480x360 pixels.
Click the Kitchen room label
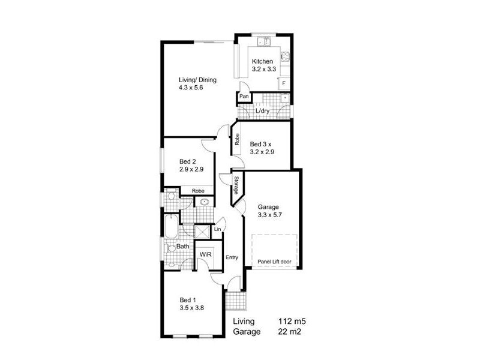click(263, 61)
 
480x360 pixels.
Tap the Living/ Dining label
click(197, 80)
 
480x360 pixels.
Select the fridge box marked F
click(284, 83)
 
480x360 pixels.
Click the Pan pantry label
click(244, 97)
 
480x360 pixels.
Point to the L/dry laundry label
click(262, 112)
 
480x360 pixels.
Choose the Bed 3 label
click(261, 144)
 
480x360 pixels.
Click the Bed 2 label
click(188, 161)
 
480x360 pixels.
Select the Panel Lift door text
click(275, 262)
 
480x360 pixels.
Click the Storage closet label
click(237, 185)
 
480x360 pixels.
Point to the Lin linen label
click(217, 230)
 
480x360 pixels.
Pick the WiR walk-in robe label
click(205, 255)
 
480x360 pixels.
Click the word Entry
click(232, 257)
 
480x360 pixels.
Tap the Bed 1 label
click(188, 299)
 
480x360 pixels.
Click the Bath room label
click(183, 246)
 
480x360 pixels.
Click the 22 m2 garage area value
click(290, 331)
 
